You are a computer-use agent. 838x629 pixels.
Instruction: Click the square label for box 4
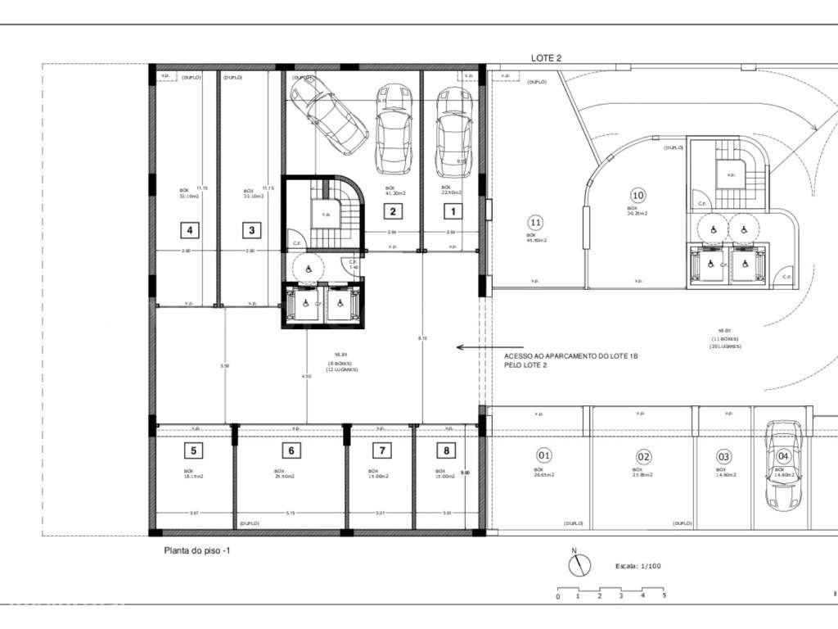tap(189, 230)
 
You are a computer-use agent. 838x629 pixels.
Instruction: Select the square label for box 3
tap(251, 230)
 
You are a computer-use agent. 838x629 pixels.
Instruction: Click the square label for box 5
tap(193, 450)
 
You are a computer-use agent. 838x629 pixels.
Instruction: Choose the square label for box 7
tap(381, 450)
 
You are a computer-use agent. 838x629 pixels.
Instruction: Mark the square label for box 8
tap(445, 450)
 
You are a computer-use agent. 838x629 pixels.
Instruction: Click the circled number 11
tap(536, 222)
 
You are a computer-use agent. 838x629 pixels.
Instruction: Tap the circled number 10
tap(638, 195)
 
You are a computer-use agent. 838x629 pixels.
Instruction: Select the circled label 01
tap(544, 456)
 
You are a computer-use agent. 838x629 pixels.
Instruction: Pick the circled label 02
tap(644, 456)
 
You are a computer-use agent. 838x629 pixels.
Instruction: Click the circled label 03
tap(723, 456)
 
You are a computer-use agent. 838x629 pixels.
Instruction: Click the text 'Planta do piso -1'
tap(197, 552)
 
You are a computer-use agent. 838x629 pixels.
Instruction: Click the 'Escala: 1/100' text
tap(638, 566)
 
